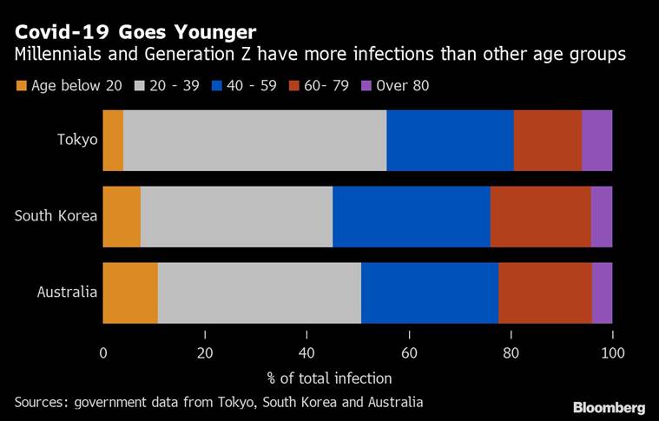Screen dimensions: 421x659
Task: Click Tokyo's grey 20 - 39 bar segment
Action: coord(254,141)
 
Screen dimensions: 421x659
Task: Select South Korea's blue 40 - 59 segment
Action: coord(411,217)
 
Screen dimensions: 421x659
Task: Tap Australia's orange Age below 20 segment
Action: coord(130,293)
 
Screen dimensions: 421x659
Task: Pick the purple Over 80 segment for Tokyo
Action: coord(596,141)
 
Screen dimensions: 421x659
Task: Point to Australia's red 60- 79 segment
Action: coord(545,293)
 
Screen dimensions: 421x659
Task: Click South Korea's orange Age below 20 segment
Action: coord(122,217)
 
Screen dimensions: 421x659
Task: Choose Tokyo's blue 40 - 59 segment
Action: coord(450,141)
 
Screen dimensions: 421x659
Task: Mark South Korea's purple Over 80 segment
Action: coord(601,217)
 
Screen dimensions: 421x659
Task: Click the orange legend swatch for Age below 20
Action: coord(22,86)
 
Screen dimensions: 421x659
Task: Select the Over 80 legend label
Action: coord(402,86)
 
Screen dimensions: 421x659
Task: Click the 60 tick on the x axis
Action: coord(409,353)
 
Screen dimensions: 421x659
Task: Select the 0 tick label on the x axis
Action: coord(103,353)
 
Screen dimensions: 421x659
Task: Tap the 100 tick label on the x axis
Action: coord(612,353)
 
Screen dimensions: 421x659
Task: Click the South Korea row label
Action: coord(56,217)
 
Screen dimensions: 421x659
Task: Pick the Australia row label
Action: coord(67,293)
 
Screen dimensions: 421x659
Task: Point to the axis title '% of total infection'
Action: coord(329,378)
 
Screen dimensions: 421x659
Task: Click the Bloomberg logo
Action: coord(609,406)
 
